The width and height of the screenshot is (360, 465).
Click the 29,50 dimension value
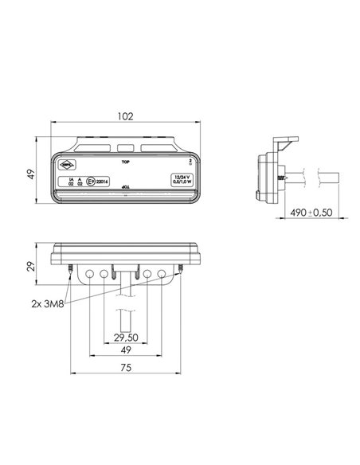[125, 338]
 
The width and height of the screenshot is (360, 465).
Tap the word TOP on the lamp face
[124, 161]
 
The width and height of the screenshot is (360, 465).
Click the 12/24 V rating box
[182, 179]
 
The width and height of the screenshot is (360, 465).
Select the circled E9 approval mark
[92, 182]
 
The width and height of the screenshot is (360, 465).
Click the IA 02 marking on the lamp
[71, 182]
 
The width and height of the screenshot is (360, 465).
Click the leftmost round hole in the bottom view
[88, 273]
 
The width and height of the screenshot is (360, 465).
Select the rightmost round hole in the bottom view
[162, 273]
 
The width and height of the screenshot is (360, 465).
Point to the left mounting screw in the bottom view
[72, 272]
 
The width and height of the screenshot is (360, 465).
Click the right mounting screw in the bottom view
[181, 272]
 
